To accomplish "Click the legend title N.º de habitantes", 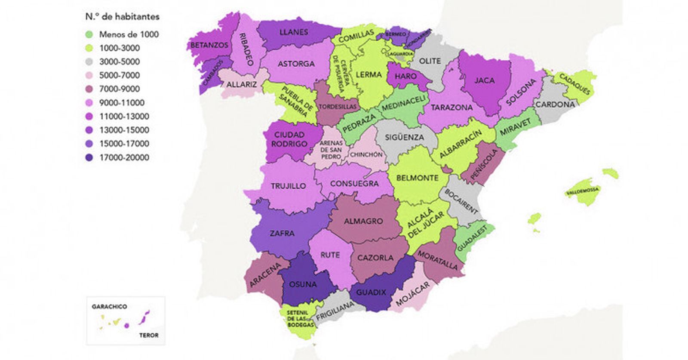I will (122, 17).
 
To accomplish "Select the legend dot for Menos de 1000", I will (89, 34).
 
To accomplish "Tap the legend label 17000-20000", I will (124, 157).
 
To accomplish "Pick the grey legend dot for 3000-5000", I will (89, 62).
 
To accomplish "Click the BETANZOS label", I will (209, 45).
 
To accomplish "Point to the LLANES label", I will (294, 32).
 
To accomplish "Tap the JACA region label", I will (484, 80).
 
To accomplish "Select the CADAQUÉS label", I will (575, 84).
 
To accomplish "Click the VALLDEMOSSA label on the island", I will (583, 190).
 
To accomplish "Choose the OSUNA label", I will (303, 284).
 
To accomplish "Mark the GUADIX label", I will (371, 292).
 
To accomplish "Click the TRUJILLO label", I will (288, 186).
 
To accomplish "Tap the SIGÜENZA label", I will (404, 138).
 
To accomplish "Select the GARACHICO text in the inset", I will (109, 307).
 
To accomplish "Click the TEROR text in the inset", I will (149, 335).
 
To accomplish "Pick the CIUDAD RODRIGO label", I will (289, 139).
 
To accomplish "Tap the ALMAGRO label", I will (363, 221).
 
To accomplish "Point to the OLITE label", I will (430, 61).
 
